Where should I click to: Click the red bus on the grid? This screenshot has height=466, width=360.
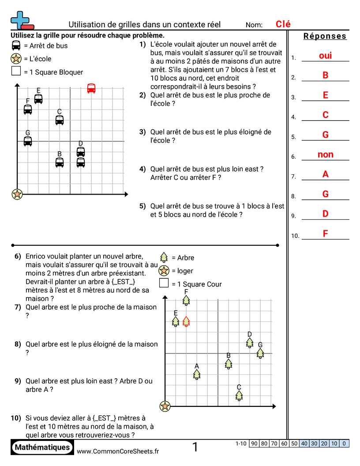(91, 88)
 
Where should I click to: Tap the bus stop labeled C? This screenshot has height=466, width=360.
(60, 120)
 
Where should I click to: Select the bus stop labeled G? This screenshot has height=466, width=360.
(28, 141)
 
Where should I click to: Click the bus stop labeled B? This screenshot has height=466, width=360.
(60, 162)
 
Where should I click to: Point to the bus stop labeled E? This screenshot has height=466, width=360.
(38, 98)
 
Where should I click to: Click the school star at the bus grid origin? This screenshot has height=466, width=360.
(17, 194)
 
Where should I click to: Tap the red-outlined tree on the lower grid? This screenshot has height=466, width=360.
(186, 322)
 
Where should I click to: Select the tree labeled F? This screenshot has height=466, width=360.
(186, 300)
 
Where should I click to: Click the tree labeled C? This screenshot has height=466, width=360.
(239, 395)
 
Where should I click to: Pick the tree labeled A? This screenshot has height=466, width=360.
(197, 374)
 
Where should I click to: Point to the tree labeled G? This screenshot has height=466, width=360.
(260, 353)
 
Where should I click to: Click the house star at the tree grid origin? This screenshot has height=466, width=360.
(165, 406)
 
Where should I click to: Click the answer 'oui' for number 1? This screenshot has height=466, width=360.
(325, 56)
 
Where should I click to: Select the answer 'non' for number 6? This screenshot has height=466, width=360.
(325, 154)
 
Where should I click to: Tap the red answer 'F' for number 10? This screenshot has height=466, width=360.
(325, 234)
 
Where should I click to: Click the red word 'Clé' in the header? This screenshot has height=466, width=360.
(283, 24)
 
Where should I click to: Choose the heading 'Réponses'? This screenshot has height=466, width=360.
(325, 36)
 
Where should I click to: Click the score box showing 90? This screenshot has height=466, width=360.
(254, 443)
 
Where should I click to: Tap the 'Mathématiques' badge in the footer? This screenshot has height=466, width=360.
(42, 447)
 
